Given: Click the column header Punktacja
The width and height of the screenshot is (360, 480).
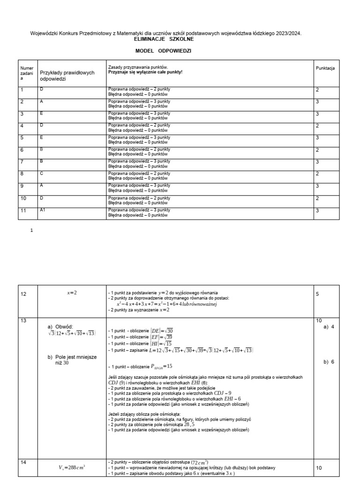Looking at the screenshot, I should pyautogui.click(x=325, y=68).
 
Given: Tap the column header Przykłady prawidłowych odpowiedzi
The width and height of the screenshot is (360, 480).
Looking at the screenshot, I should pyautogui.click(x=67, y=76).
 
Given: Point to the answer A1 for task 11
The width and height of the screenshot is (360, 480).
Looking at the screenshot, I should pyautogui.click(x=43, y=210).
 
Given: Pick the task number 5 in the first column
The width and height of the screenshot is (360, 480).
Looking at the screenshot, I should pyautogui.click(x=22, y=138).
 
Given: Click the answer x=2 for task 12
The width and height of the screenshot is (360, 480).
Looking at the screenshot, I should pyautogui.click(x=71, y=293).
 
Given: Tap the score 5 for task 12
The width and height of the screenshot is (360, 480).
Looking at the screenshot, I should pyautogui.click(x=318, y=294).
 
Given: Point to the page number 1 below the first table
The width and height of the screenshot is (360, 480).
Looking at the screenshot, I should pyautogui.click(x=31, y=231).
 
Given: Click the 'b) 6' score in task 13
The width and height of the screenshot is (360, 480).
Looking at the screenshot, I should pyautogui.click(x=329, y=362).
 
